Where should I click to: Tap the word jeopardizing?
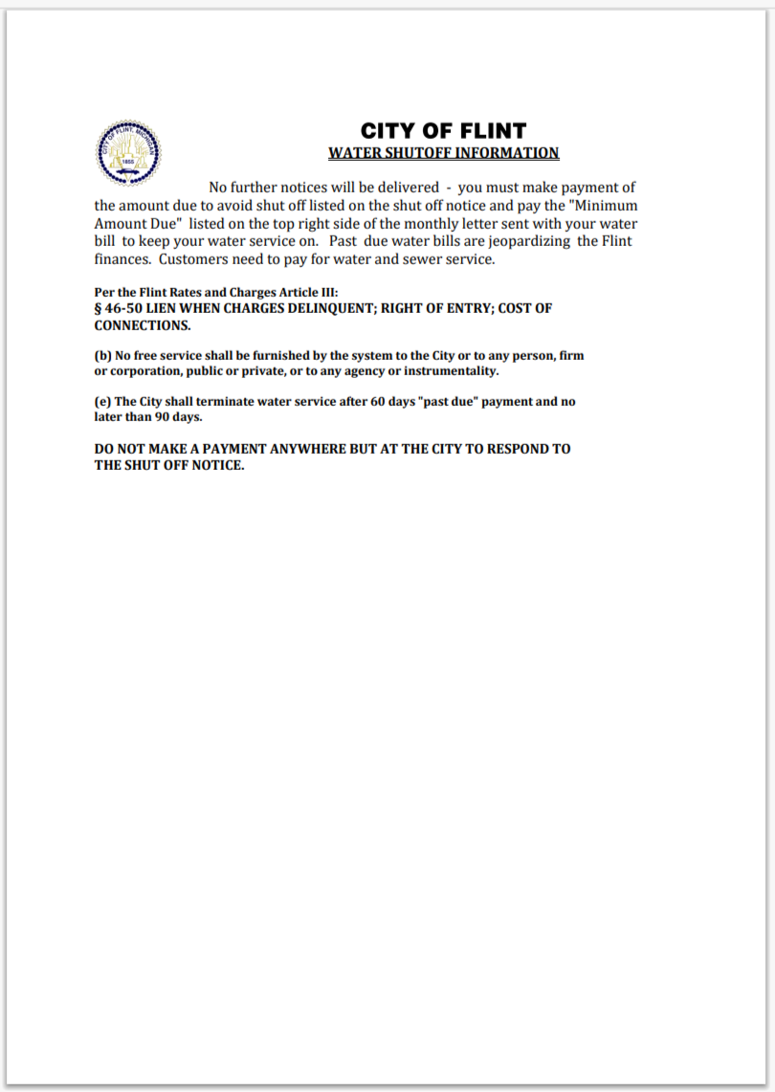coord(532,241)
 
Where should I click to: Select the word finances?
coord(122,259)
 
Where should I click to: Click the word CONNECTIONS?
coord(142,325)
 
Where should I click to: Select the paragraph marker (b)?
coord(102,355)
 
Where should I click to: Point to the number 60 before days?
coord(378,402)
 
